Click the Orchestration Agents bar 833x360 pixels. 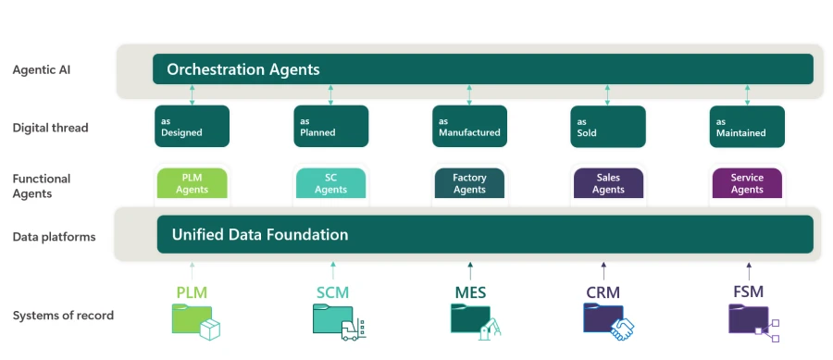coord(482,69)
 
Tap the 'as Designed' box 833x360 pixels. coord(192,127)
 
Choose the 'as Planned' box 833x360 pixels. coord(330,127)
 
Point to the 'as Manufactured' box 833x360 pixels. coord(469,127)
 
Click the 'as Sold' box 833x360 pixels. coord(607,127)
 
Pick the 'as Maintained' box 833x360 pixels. coord(747,127)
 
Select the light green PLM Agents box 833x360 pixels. coord(192,183)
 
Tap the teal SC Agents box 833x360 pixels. coord(330,183)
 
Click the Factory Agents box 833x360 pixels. coord(469,183)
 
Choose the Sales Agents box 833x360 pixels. coord(608,183)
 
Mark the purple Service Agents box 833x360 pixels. coord(747,183)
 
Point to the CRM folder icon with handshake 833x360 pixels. coord(607,319)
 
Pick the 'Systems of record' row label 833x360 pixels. coord(63,316)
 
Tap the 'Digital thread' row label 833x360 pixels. coord(50,128)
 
